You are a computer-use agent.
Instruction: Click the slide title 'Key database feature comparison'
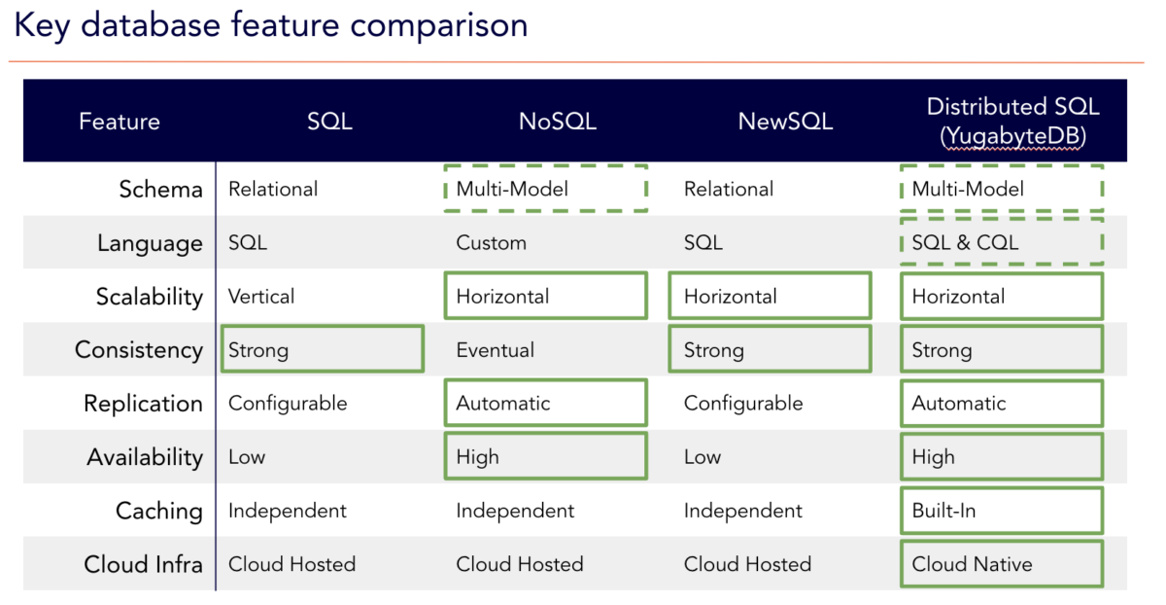pos(271,26)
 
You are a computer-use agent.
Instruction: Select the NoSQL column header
pos(558,122)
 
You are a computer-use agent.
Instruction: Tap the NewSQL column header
pos(785,122)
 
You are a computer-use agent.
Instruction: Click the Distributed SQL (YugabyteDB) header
pos(1012,122)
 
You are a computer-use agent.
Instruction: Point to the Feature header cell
pos(120,122)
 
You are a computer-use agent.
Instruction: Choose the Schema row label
pos(160,190)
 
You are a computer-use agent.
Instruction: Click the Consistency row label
pos(139,350)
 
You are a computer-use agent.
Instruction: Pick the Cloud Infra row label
pos(144,564)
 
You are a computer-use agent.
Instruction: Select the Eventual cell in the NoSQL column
pos(496,350)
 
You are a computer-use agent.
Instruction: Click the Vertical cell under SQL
pos(261,297)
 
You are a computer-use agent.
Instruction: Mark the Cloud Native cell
pos(972,564)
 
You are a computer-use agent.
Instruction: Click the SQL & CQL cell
pos(965,243)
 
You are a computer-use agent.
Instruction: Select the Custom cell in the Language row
pos(492,243)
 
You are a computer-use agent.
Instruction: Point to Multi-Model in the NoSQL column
pos(512,190)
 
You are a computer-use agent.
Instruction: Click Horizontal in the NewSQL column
pos(731,297)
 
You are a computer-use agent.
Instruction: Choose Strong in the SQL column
pos(258,350)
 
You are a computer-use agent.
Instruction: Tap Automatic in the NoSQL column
pos(503,404)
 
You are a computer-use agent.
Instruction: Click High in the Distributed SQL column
pos(934,457)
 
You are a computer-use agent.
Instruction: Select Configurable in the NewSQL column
pos(743,404)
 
